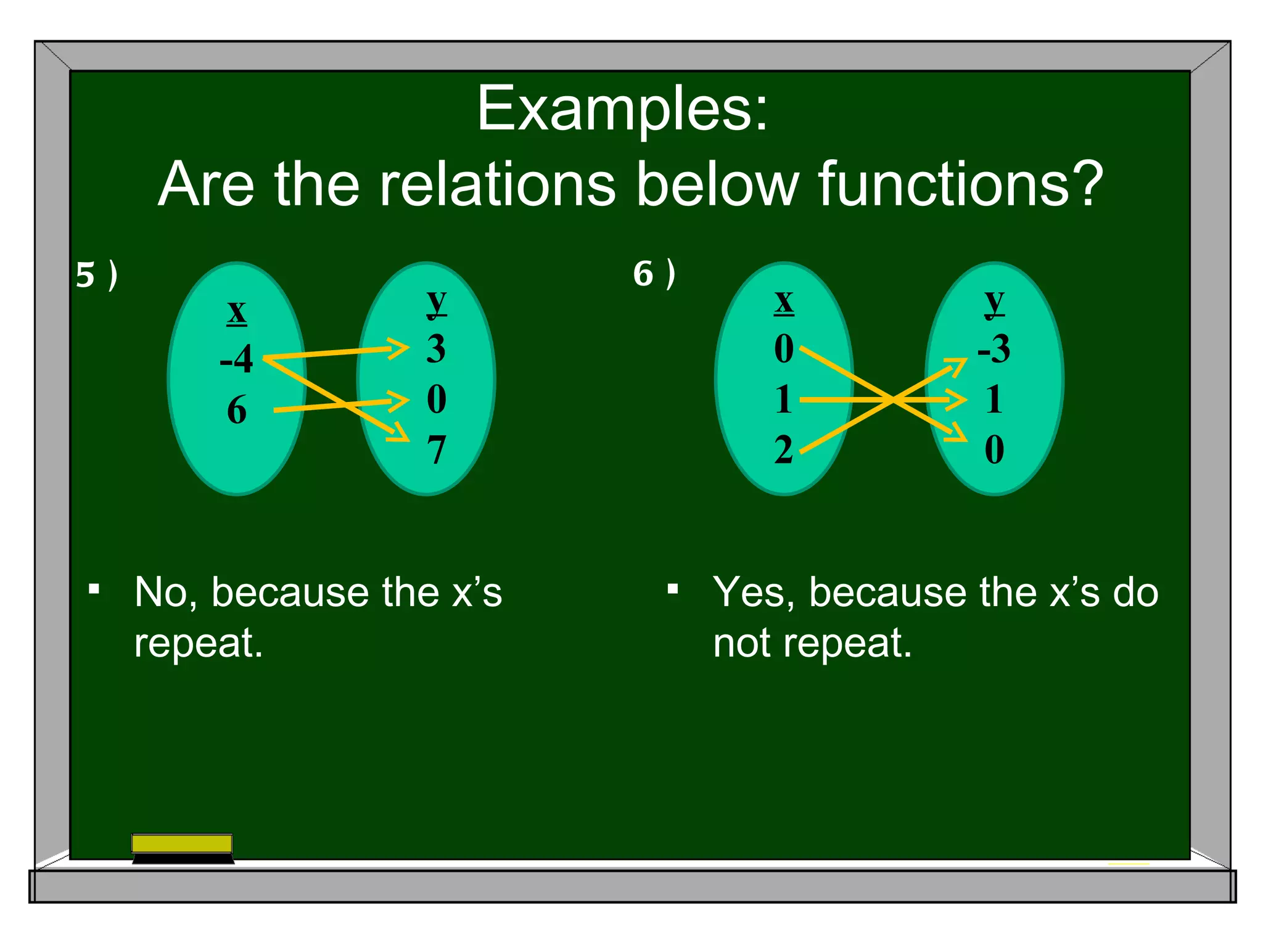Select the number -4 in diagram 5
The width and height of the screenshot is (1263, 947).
pos(237,359)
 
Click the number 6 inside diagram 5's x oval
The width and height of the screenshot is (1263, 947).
pos(237,411)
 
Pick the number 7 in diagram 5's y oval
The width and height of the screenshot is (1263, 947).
pos(436,450)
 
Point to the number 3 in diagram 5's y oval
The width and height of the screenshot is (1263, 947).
pos(436,349)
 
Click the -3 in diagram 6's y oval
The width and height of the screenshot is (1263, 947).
pos(994,349)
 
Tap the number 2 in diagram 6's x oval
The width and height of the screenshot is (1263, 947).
pos(784,450)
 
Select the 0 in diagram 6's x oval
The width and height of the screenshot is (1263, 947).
pos(784,349)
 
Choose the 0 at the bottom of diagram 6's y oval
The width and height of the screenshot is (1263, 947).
pos(994,450)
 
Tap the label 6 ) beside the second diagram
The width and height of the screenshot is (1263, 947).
pos(654,274)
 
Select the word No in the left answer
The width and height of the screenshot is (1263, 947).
pos(165,592)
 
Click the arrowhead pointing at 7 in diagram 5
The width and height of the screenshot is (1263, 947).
pos(400,433)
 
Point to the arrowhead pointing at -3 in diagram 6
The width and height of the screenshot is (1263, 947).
pos(957,366)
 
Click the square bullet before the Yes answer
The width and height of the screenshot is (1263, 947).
pos(673,589)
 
